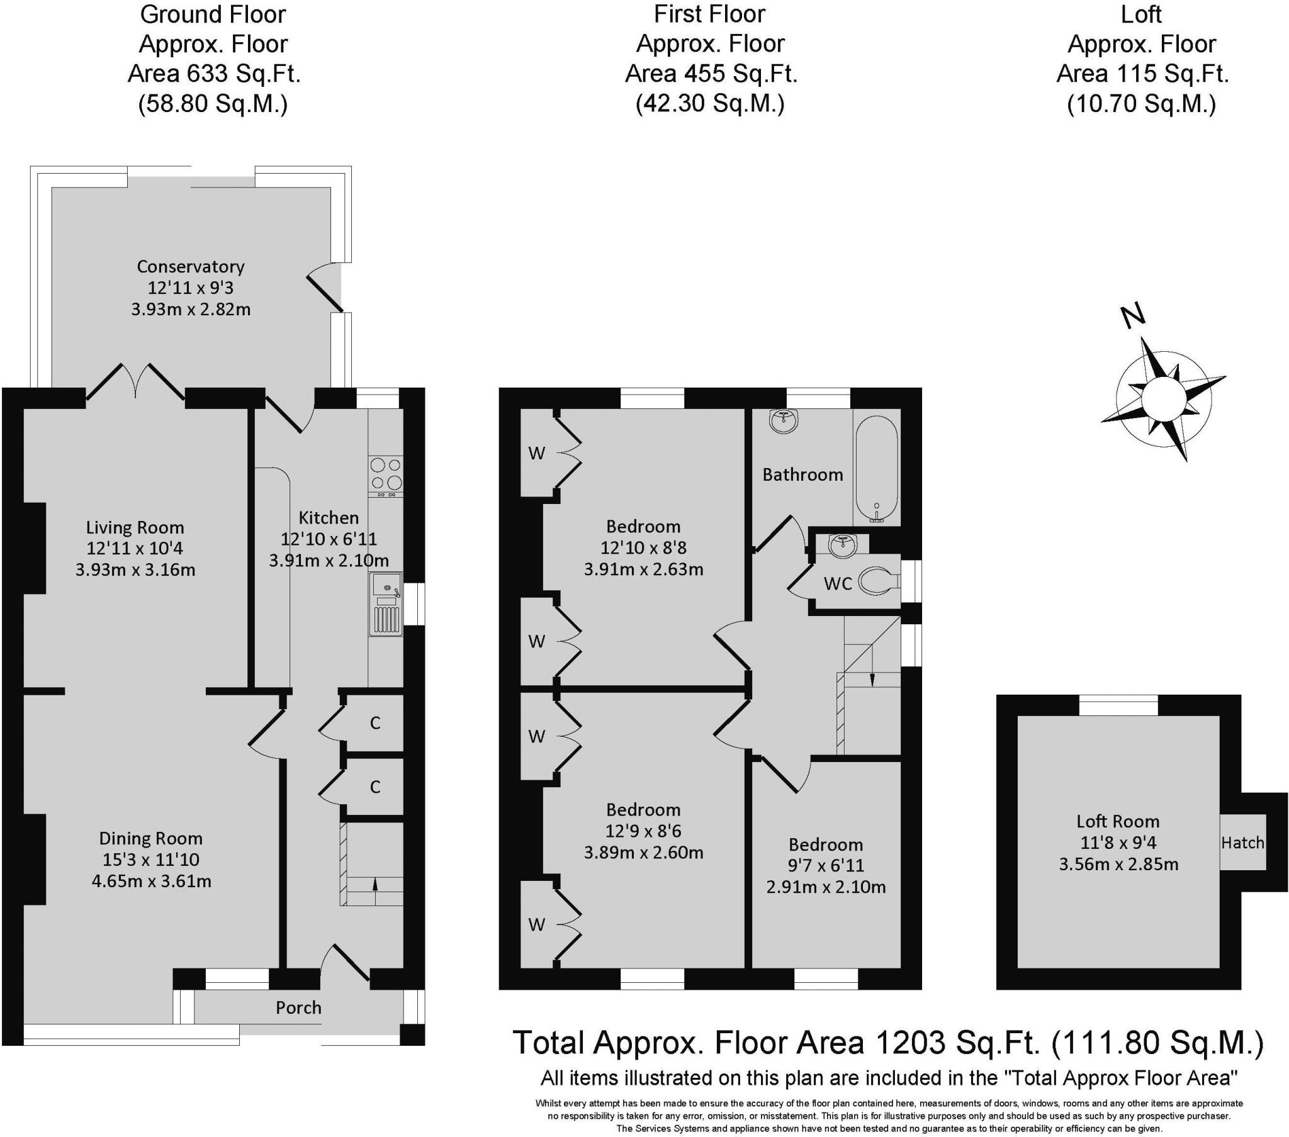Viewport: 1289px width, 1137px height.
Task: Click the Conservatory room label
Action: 191,267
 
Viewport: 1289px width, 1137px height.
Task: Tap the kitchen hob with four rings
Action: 386,474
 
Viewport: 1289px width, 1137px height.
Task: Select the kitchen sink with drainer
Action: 386,603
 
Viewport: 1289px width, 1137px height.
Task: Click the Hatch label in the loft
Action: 1242,843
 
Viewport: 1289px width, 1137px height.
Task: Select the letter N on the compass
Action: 1134,316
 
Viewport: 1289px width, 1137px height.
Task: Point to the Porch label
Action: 298,1008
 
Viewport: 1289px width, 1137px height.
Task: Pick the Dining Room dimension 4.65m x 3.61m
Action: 151,881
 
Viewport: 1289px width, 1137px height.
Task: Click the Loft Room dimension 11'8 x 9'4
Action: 1118,843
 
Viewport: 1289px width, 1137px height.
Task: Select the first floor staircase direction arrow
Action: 872,679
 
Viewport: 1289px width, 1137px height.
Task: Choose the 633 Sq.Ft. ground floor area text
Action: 214,74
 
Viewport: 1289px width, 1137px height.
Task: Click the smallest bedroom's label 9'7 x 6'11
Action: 826,866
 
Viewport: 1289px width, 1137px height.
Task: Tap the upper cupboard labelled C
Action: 375,724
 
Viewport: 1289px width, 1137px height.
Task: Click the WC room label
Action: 838,584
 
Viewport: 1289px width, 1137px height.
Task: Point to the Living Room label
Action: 135,527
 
